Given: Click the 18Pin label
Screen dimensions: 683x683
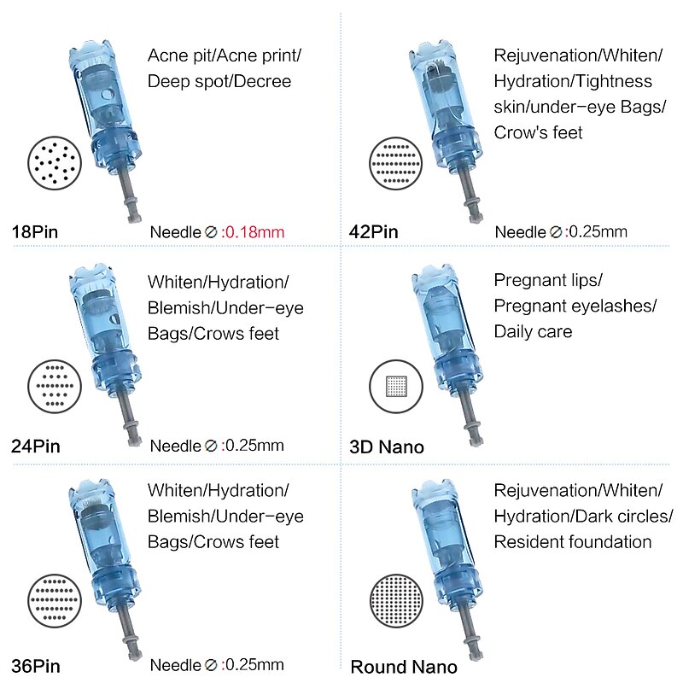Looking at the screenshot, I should pos(35,231).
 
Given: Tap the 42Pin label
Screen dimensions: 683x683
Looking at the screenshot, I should pos(374,231).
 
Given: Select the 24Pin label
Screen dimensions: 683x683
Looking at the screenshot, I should pos(35,446).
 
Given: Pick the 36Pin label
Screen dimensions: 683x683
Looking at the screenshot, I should pos(35,666).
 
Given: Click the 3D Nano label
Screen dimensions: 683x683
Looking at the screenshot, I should pos(387,447).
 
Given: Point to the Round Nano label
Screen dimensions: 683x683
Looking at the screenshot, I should pos(404,667).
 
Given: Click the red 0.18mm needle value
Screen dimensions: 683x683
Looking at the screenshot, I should pos(254,231).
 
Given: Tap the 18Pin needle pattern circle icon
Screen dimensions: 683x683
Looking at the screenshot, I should pos(55,161).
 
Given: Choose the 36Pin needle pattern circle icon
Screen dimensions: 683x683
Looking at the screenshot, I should pos(55,600).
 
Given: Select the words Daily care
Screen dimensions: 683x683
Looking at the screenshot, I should pos(534,331).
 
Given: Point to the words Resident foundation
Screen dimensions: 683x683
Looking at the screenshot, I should pos(573,542).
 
